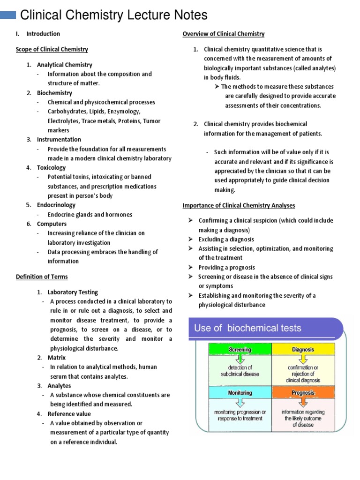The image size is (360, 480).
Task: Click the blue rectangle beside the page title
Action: click(7, 15)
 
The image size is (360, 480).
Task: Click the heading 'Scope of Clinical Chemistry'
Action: click(52, 49)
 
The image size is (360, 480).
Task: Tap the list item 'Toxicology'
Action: click(52, 167)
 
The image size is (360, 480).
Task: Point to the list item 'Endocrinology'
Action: click(56, 205)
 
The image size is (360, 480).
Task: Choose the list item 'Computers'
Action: click(52, 224)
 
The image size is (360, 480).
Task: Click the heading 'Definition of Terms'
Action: click(42, 277)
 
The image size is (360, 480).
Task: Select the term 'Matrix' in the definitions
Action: click(57, 358)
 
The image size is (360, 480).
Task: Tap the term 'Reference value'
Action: click(69, 414)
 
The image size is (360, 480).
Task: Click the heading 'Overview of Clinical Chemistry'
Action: click(223, 34)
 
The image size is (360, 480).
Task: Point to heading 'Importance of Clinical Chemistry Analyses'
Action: click(239, 205)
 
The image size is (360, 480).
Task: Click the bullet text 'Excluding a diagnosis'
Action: click(226, 239)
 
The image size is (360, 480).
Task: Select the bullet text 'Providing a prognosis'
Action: click(226, 267)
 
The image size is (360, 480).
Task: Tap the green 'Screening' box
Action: click(240, 350)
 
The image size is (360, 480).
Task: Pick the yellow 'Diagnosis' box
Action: click(303, 350)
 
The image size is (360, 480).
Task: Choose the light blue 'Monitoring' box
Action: click(240, 393)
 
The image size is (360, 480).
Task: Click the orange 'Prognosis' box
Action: click(303, 393)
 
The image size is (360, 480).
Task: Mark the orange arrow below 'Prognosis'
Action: click(303, 402)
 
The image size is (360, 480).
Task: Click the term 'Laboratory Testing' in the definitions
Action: click(73, 292)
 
